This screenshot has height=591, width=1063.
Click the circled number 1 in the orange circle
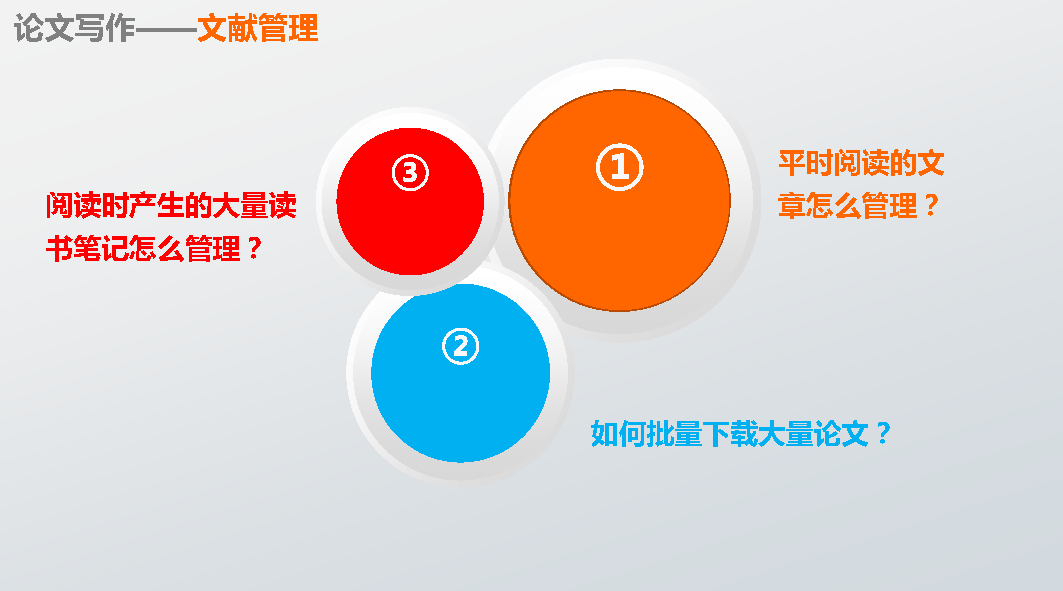click(619, 167)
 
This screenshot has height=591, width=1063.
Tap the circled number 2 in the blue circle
click(460, 346)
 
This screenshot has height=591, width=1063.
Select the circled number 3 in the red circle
click(410, 173)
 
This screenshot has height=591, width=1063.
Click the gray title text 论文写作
click(75, 28)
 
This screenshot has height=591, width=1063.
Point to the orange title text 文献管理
click(258, 28)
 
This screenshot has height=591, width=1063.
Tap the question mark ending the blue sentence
click(883, 433)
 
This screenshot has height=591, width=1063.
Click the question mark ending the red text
click(254, 248)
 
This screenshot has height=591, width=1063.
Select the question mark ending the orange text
click(931, 205)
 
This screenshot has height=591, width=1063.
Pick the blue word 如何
click(619, 434)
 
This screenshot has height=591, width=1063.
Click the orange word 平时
click(806, 163)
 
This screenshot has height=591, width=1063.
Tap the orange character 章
click(792, 206)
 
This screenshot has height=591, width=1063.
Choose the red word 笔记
click(101, 248)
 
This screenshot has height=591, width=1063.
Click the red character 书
click(60, 248)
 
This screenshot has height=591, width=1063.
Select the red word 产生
click(157, 206)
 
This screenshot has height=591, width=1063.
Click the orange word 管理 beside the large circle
click(889, 206)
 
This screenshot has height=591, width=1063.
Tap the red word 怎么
click(157, 248)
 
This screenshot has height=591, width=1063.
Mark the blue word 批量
click(675, 434)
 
